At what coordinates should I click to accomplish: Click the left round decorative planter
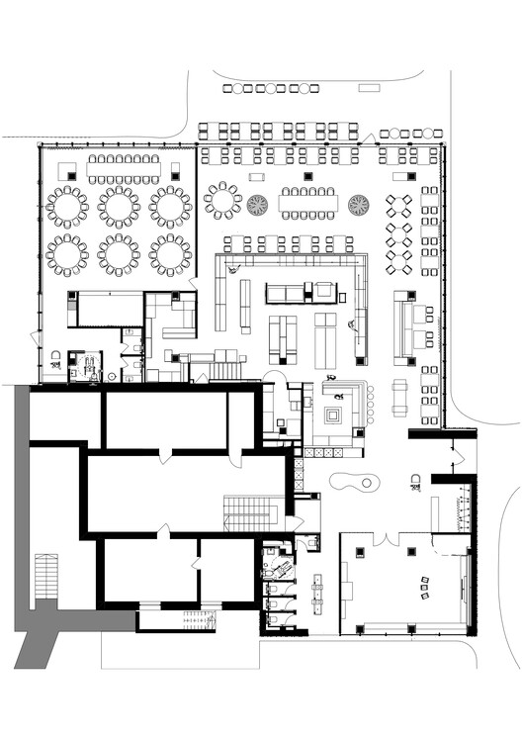pyautogui.click(x=258, y=204)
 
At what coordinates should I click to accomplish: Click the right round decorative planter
pyautogui.click(x=358, y=204)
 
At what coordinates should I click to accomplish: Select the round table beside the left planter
pyautogui.click(x=222, y=200)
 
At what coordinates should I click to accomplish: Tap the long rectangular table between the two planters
pyautogui.click(x=308, y=204)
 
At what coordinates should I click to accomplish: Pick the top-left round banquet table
pyautogui.click(x=67, y=207)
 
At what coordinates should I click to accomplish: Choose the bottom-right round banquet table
pyautogui.click(x=170, y=254)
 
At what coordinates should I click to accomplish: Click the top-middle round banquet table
pyautogui.click(x=119, y=207)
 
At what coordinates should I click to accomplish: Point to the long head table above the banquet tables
pyautogui.click(x=123, y=169)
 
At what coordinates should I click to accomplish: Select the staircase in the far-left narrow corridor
pyautogui.click(x=44, y=574)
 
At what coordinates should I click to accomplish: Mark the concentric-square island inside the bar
pyautogui.click(x=337, y=414)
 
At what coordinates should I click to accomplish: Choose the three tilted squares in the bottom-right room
pyautogui.click(x=422, y=587)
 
